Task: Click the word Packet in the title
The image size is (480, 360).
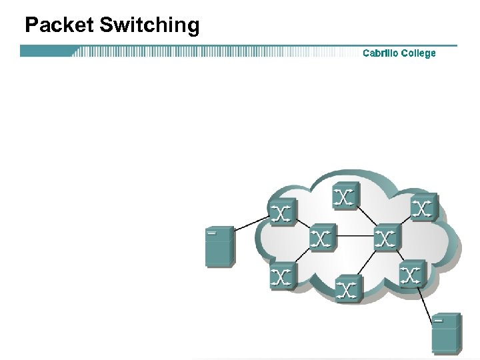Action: pos(59,25)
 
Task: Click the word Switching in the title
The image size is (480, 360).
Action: pos(149,26)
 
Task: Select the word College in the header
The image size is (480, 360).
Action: pos(418,53)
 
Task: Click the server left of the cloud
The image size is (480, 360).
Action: pos(219,247)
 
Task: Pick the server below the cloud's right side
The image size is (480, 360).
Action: pos(446,333)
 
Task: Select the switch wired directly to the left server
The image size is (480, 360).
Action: pos(283,212)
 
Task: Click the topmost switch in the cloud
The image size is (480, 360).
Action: pos(345,195)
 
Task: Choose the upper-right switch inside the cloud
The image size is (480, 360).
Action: pos(423,207)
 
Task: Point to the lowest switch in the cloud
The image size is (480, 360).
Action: pos(348,288)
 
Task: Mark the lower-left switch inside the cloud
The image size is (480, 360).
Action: pos(283,275)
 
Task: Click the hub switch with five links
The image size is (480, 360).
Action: pos(386,238)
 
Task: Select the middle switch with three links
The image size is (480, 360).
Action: pos(322,238)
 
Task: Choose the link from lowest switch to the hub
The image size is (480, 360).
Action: pos(367,263)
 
